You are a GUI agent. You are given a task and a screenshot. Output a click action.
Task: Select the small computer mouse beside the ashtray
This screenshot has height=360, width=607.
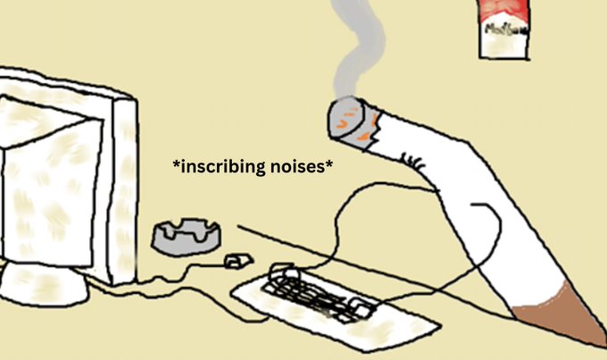[x=235, y=261]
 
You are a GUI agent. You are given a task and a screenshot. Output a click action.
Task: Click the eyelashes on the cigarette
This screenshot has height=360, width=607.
[x=412, y=162]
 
